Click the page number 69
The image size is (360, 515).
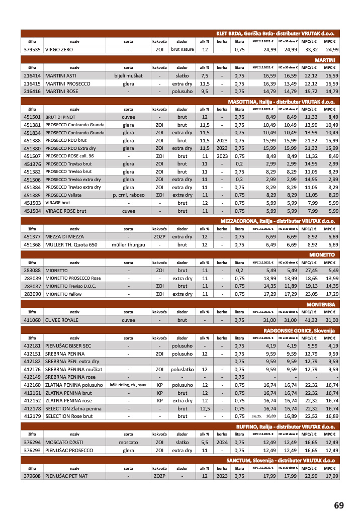tap(339, 505)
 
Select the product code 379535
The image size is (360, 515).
tap(32, 50)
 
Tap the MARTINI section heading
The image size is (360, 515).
tap(328, 59)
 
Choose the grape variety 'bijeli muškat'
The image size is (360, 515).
tap(128, 75)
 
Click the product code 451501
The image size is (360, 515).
tap(32, 117)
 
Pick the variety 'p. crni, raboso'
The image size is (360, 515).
tap(128, 195)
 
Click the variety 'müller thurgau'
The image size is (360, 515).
tap(128, 244)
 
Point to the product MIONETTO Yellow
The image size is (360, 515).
tap(63, 294)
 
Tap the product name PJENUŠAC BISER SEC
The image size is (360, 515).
tap(68, 346)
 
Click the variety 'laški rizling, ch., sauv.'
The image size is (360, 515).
tap(128, 385)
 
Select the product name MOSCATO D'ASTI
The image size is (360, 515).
tap(66, 442)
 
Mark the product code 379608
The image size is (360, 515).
tap(32, 476)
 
